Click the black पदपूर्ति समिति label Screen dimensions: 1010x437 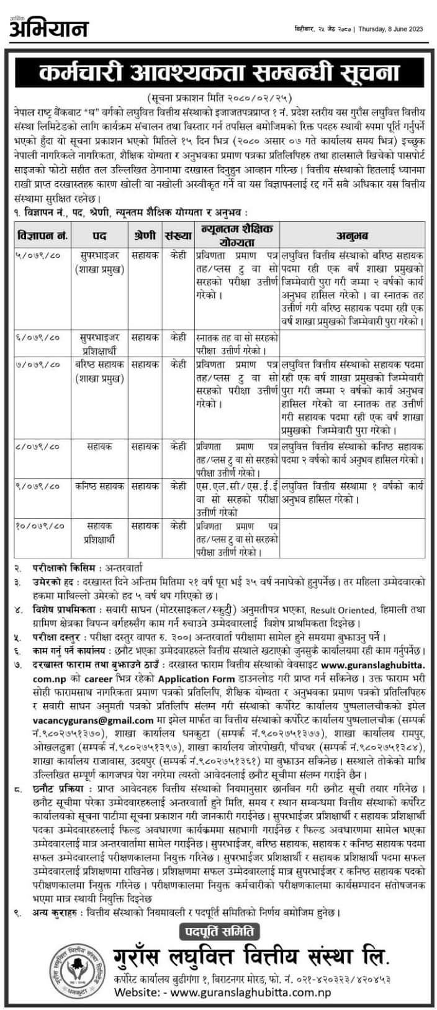tap(219, 931)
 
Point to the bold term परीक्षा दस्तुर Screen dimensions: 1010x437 tap(58, 637)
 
